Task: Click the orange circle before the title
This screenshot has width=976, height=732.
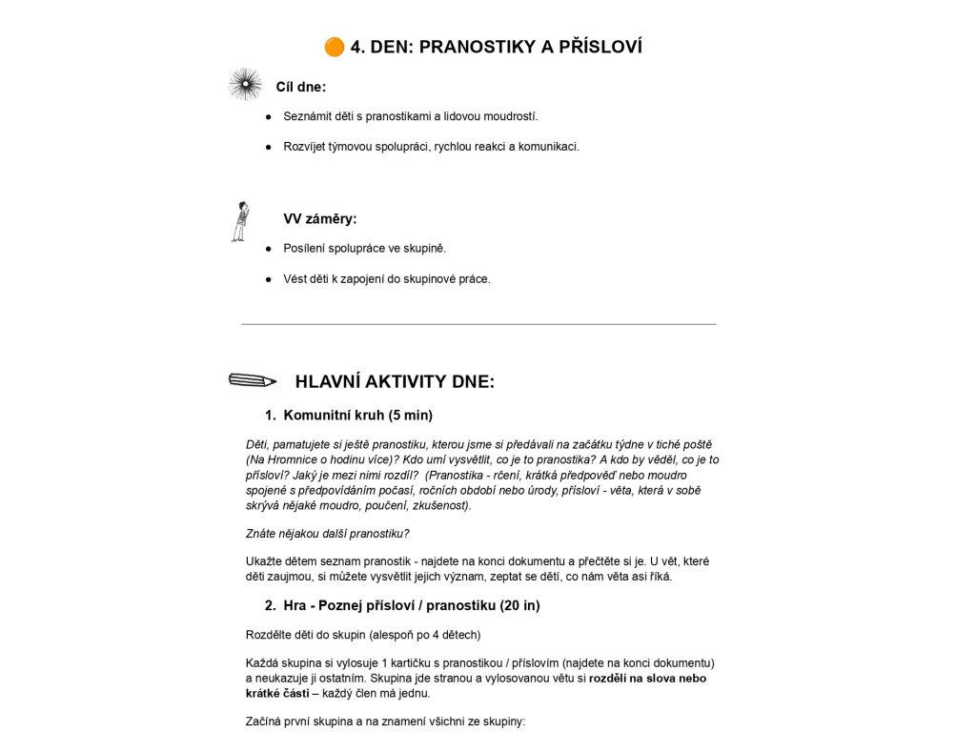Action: click(334, 47)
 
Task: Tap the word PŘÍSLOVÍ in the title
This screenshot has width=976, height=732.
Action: click(597, 47)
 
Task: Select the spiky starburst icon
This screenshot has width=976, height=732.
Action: click(245, 85)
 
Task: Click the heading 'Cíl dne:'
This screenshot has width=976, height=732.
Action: click(301, 87)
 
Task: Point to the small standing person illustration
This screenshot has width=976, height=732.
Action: click(241, 221)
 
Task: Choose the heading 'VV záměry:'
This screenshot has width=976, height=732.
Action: click(320, 218)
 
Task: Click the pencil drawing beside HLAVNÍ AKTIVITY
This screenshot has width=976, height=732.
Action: click(253, 380)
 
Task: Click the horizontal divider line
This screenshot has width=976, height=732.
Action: click(478, 324)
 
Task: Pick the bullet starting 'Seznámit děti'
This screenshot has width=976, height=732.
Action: click(410, 116)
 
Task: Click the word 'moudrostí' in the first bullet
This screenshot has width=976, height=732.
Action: click(511, 116)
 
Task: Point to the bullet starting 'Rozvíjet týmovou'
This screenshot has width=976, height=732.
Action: click(431, 147)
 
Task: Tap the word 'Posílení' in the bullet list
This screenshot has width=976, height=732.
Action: click(305, 248)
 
